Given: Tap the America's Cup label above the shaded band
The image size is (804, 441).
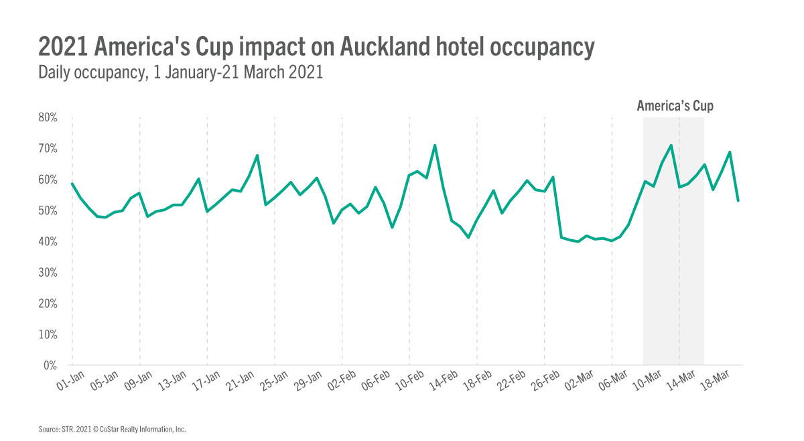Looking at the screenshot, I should (675, 106).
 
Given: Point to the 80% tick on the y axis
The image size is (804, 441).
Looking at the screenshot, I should (48, 118).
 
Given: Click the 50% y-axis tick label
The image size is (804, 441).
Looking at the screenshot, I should (48, 211).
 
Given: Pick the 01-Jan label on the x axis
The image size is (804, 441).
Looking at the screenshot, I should (70, 383).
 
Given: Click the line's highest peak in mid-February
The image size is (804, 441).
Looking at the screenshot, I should (435, 145).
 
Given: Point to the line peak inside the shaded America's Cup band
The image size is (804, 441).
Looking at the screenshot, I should (671, 145).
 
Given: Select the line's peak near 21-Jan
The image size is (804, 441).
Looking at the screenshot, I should (257, 155).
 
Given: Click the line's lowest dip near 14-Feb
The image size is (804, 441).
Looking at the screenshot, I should (468, 237).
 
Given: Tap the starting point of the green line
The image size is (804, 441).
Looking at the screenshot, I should (72, 183).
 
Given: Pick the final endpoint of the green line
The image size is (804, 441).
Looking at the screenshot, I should (738, 200).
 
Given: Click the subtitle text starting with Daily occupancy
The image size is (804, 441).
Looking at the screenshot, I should (181, 72).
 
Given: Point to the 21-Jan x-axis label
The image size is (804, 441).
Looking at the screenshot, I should (239, 383).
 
